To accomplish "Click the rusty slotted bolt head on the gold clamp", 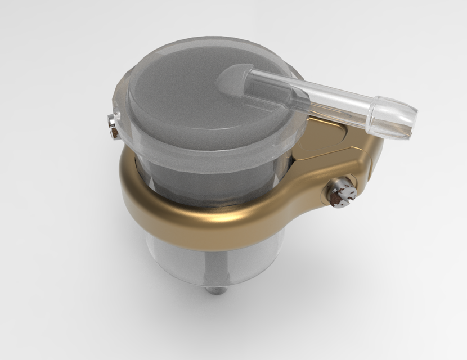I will point(342,195).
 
